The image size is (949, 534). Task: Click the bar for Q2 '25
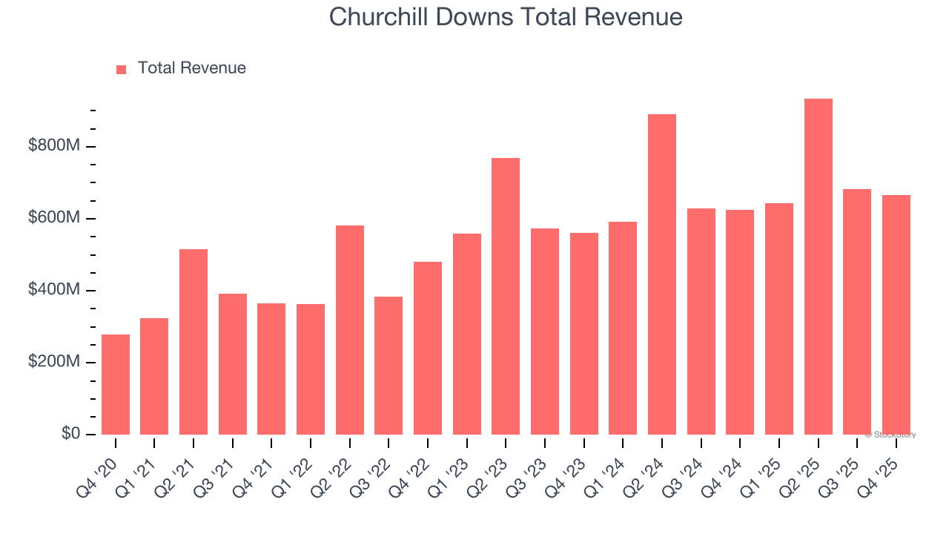[x=818, y=267]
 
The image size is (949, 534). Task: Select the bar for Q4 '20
[x=116, y=384]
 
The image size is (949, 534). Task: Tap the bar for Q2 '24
[x=662, y=274]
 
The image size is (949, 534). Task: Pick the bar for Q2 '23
[x=506, y=297]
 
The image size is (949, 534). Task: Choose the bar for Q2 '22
[x=350, y=330]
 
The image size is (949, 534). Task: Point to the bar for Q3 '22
[x=388, y=366]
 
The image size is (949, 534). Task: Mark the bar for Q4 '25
[x=896, y=315]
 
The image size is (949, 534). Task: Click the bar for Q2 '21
[x=194, y=342]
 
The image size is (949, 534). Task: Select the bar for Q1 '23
[x=467, y=334]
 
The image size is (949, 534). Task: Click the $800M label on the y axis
[x=53, y=146]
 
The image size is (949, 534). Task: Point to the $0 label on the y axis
[x=70, y=434]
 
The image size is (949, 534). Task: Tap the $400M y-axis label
[x=53, y=290]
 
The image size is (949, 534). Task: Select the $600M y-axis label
[x=53, y=218]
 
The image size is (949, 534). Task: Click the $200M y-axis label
[x=53, y=362]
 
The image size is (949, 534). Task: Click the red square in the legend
[x=122, y=69]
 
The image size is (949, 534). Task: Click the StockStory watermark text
[x=890, y=435]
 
